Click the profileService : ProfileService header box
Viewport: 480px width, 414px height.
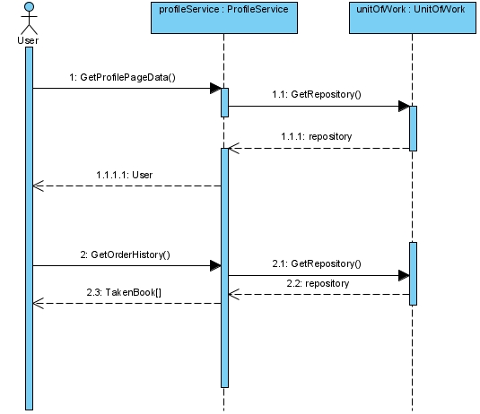(x=224, y=18)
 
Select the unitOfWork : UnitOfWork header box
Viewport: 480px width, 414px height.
(x=413, y=18)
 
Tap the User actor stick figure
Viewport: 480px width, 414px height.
(x=29, y=18)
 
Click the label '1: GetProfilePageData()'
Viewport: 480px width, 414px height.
(x=122, y=77)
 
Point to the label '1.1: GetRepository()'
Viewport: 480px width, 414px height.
(x=317, y=94)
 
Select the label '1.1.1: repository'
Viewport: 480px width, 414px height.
(x=317, y=136)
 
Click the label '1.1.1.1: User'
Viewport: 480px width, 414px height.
(x=125, y=175)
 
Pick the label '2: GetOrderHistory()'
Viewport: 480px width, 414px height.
(x=126, y=254)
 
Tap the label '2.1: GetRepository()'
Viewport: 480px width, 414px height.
(x=317, y=263)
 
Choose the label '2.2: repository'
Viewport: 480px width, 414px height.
(x=318, y=283)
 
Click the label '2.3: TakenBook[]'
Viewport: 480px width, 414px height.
(x=124, y=293)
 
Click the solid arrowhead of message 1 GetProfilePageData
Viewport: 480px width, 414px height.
(x=215, y=89)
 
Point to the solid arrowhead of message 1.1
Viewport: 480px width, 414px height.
(x=404, y=106)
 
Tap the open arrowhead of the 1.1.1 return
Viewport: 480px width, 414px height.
(x=234, y=149)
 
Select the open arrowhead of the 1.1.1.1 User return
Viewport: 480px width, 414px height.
(x=39, y=185)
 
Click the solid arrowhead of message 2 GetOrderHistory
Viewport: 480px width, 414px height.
(x=215, y=266)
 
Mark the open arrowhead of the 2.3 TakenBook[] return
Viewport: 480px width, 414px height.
(x=39, y=303)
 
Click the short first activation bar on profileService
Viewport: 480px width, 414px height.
(x=224, y=103)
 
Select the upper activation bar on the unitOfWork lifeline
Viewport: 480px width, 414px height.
(x=414, y=128)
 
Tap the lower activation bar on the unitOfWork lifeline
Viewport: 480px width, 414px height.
(x=414, y=273)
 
